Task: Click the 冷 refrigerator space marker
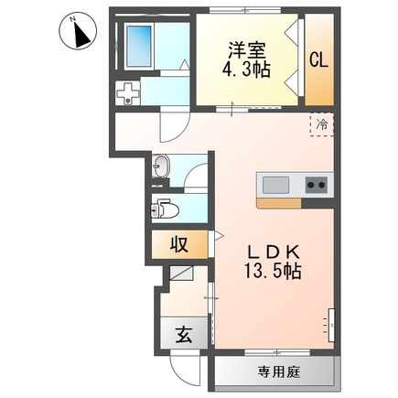point(322,123)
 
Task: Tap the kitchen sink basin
point(277,185)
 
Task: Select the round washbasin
point(162,167)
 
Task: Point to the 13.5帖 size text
point(267,271)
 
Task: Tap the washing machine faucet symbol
point(129,92)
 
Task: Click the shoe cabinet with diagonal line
point(179,271)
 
